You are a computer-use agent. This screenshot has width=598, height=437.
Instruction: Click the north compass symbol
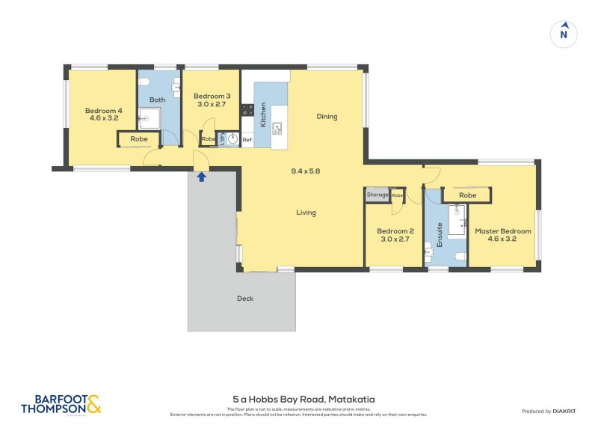pos(564,34)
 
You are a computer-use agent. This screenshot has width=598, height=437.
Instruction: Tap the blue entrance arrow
pos(201,177)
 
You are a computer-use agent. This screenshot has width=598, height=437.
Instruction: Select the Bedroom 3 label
pos(212,100)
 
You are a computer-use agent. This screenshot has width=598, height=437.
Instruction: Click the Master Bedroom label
pos(503,235)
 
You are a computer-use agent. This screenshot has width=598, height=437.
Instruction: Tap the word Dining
pos(327,116)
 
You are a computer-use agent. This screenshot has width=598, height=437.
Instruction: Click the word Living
pos(306,213)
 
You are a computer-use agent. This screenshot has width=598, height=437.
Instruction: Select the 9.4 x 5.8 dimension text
pos(306,171)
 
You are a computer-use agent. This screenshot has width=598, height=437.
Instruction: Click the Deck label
pos(245,299)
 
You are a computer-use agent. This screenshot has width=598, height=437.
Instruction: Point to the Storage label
pos(377,195)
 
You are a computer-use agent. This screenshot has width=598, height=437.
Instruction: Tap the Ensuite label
pos(440,234)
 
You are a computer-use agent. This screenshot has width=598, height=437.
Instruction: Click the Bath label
pos(157,100)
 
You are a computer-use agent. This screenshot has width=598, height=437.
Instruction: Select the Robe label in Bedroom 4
pos(139,139)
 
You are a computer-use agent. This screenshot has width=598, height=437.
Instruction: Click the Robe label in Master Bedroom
pos(467,195)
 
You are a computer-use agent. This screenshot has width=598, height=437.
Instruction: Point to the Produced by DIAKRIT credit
pos(552,411)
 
